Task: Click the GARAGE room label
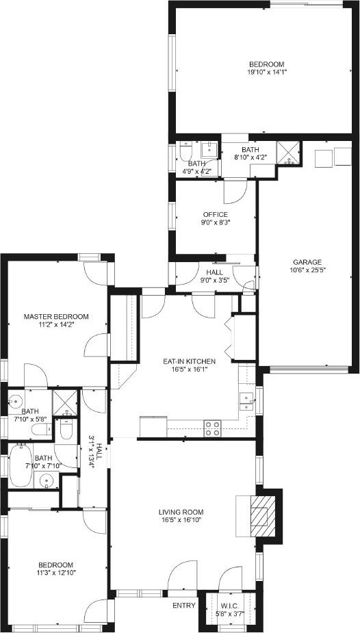tap(307, 262)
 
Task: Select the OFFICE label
tap(216, 214)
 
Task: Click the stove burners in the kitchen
tap(212, 428)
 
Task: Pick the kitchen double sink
tap(246, 401)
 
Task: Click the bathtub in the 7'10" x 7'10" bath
tap(21, 465)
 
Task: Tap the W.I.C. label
tap(231, 606)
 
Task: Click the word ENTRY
tap(184, 606)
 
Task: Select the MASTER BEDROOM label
tap(56, 316)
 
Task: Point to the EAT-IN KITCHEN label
tap(190, 361)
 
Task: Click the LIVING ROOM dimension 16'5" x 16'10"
tap(180, 520)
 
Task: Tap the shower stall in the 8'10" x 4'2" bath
tap(289, 153)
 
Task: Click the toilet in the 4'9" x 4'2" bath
tap(186, 151)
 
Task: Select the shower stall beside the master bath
tap(65, 402)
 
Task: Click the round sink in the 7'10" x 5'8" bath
tap(16, 402)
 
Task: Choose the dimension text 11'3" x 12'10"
tap(55, 572)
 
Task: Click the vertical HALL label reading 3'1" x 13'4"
tap(94, 451)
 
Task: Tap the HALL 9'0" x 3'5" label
tap(215, 276)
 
